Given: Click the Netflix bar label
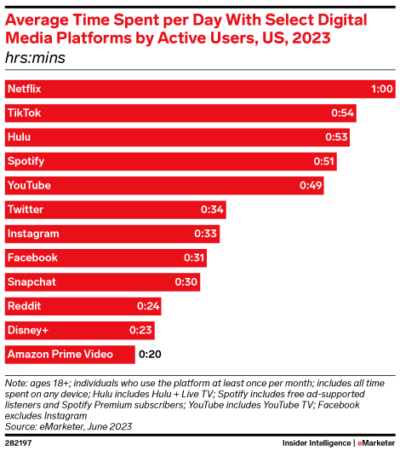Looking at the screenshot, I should tap(24, 89).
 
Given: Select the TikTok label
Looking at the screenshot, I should tap(24, 113).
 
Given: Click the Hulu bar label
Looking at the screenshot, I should tap(19, 136).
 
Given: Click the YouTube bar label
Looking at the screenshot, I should tap(29, 185).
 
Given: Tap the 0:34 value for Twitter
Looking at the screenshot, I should tap(212, 209).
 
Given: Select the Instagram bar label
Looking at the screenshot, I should tap(32, 233).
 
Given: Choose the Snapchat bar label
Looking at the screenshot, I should tap(31, 281).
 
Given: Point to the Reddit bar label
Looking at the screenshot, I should tap(23, 305).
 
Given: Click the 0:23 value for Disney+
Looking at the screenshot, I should tap(140, 330).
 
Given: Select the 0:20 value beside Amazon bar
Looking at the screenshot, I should tap(151, 354).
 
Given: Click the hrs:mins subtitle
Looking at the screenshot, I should tap(35, 58).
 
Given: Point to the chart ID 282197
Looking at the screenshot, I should tap(20, 442).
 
